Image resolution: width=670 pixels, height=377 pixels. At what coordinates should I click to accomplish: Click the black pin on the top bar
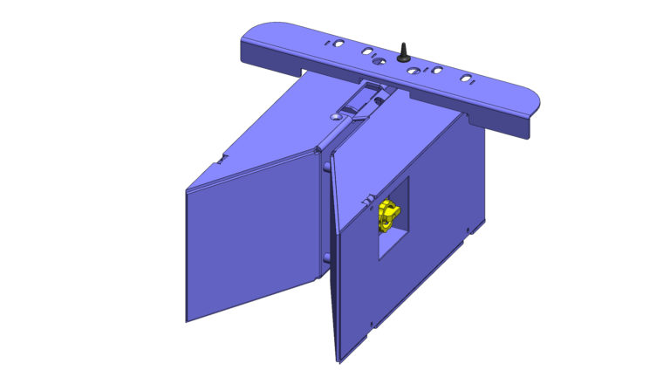404,51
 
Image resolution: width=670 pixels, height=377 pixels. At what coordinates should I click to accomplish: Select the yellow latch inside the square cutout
388,215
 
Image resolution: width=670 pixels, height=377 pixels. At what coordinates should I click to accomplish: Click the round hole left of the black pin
377,62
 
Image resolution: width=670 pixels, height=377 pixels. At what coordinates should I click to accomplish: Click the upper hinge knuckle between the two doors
326,166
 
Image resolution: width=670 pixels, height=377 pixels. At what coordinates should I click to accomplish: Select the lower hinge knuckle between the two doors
325,257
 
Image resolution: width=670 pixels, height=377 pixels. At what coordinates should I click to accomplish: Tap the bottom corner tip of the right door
338,359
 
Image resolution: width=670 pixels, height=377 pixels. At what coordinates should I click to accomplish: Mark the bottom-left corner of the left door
188,320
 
